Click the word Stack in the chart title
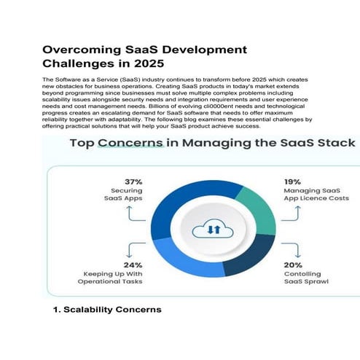[x=332, y=144]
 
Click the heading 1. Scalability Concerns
[x=108, y=310]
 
